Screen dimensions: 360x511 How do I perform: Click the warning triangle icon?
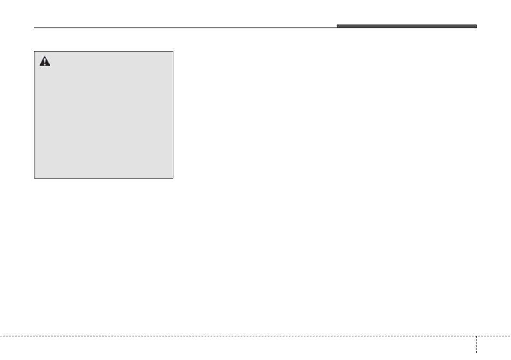coord(45,62)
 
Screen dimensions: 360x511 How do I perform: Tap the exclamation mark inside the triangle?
coord(45,63)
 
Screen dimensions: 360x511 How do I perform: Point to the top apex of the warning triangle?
coord(45,57)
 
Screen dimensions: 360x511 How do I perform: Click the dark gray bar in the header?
coord(406,26)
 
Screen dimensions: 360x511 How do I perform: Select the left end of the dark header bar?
coord(338,26)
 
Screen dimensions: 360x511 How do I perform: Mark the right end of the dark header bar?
coord(476,26)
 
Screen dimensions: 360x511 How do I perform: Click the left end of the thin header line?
coord(34,28)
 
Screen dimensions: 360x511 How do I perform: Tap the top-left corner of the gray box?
coord(34,51)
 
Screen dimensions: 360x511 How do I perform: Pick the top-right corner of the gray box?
coord(173,51)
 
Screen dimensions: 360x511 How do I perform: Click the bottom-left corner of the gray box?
coord(34,178)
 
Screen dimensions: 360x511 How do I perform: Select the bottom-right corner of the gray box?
coord(173,178)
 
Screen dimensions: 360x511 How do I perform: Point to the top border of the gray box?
coord(103,51)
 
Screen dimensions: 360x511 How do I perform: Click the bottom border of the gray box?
coord(103,178)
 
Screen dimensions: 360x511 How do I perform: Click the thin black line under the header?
coord(184,28)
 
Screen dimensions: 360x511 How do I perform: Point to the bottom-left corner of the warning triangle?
coord(40,66)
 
